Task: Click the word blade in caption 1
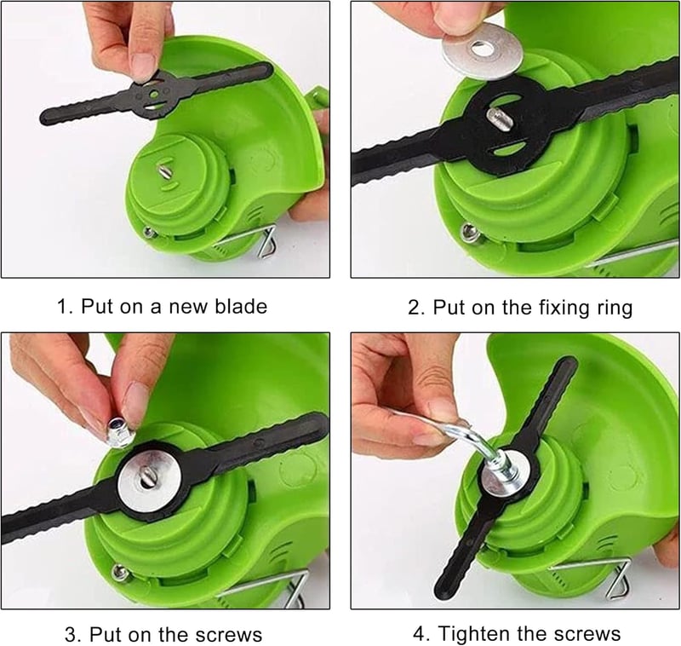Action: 241,307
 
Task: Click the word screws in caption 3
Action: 228,635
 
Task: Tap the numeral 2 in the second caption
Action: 414,308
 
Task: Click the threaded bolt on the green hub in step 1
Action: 165,170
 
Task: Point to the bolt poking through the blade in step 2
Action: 498,119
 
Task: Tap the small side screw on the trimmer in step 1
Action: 151,233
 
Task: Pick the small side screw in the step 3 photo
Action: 120,572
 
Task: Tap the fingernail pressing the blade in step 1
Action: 143,66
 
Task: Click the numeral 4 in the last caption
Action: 421,634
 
